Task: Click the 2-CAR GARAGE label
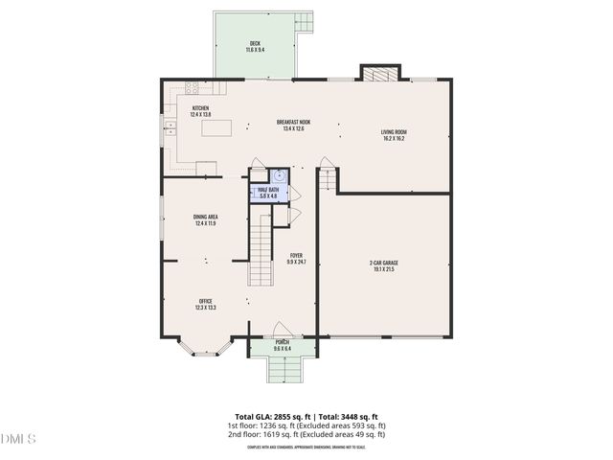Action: point(382,265)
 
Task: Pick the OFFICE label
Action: point(205,305)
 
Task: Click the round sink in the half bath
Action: point(279,176)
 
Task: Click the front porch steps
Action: point(283,370)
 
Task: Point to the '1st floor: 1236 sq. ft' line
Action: point(306,425)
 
